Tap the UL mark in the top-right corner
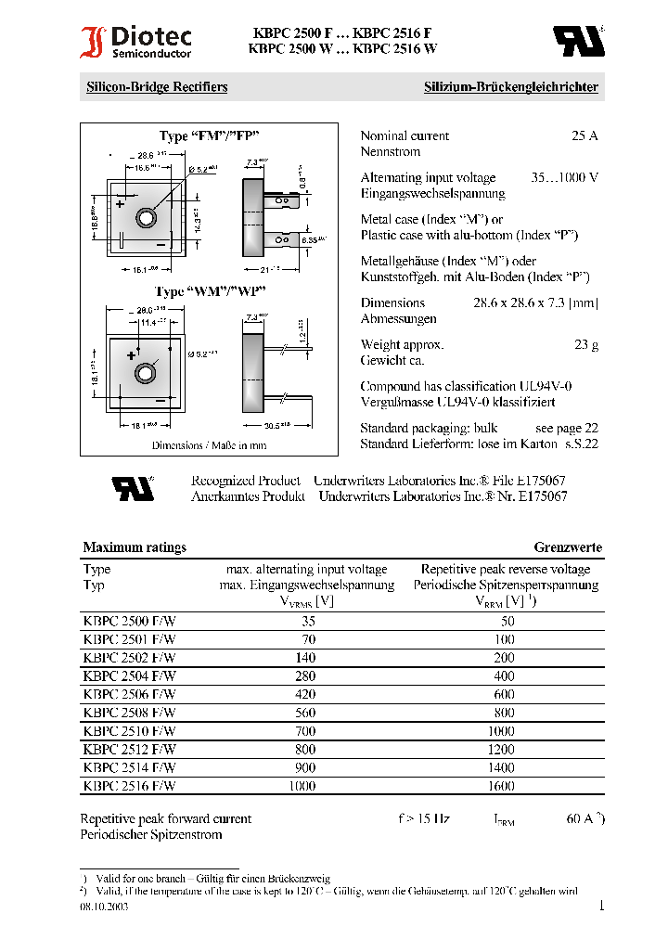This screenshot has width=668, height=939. pyautogui.click(x=578, y=40)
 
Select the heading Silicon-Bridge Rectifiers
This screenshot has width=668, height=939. pyautogui.click(x=157, y=87)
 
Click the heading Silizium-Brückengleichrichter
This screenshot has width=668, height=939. pyautogui.click(x=511, y=87)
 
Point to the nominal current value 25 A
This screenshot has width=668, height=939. pyautogui.click(x=584, y=135)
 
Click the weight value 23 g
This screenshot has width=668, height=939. pyautogui.click(x=586, y=344)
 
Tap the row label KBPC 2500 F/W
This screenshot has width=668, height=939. pyautogui.click(x=129, y=622)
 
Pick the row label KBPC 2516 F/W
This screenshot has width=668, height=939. pyautogui.click(x=129, y=786)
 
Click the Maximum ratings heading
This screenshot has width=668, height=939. pyautogui.click(x=135, y=547)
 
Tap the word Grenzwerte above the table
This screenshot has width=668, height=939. pyautogui.click(x=568, y=547)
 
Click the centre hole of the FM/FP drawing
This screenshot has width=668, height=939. pyautogui.click(x=146, y=217)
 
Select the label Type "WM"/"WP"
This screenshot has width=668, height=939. pyautogui.click(x=211, y=291)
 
